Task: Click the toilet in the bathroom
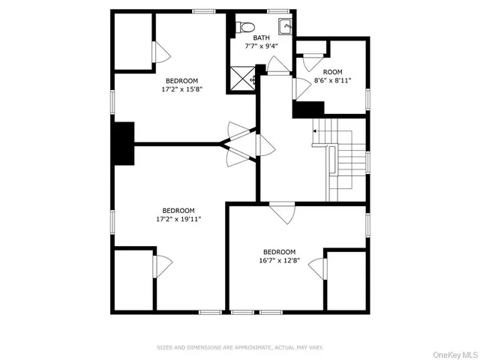[x=244, y=28]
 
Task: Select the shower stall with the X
[x=243, y=76]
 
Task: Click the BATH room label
[x=261, y=37]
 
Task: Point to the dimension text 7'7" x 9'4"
[x=260, y=46]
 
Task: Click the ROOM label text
[x=332, y=71]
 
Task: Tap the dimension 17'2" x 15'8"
[x=182, y=89]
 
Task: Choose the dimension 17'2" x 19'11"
[x=178, y=219]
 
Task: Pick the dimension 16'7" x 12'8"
[x=279, y=261]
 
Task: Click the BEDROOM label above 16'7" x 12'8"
[x=279, y=252]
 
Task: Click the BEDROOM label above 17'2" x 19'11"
[x=178, y=210]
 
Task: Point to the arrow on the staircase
[x=316, y=131]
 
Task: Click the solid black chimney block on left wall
[x=122, y=142]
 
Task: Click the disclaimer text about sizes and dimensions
[x=240, y=347]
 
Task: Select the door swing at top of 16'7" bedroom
[x=283, y=213]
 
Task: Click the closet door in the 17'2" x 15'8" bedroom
[x=161, y=52]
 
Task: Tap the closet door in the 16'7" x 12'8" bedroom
[x=318, y=268]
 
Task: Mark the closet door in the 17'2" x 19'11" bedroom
[x=163, y=265]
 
